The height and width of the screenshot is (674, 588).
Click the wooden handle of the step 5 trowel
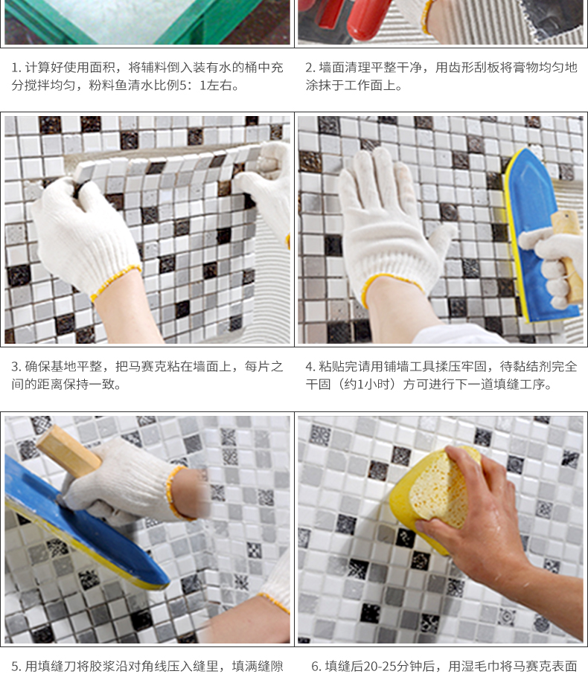68,451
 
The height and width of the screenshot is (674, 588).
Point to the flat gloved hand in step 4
387,223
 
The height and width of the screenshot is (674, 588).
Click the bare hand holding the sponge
482,524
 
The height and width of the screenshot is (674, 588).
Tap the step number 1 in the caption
15,68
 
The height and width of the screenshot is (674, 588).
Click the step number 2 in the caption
310,68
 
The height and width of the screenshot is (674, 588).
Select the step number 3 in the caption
16,367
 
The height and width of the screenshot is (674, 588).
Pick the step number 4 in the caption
310,367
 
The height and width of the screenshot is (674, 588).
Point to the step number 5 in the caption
16,667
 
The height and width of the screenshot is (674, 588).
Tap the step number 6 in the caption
316,667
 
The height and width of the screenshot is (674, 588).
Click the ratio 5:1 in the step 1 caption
193,86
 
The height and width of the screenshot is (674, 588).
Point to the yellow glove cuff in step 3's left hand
115,282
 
